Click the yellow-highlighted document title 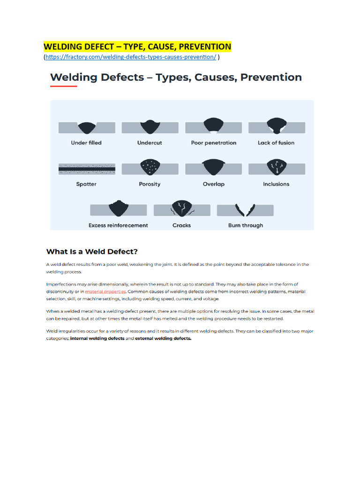tap(137, 47)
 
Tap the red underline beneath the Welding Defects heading tap(63, 86)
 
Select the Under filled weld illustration tap(86, 127)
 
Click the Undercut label tap(150, 142)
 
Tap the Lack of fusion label tap(276, 142)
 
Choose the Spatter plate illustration tap(87, 169)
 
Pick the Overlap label tap(213, 184)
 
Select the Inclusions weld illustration tap(277, 168)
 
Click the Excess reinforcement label tap(118, 225)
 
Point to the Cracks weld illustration tap(182, 209)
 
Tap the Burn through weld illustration tap(245, 210)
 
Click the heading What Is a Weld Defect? tap(92, 251)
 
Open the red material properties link tap(105, 292)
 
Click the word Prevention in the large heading tap(271, 77)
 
